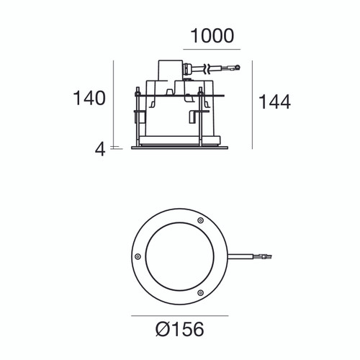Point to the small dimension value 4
(x=100, y=149)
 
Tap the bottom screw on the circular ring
(x=201, y=292)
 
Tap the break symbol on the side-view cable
(x=207, y=70)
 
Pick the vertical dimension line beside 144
(x=252, y=105)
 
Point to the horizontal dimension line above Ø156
(x=179, y=315)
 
